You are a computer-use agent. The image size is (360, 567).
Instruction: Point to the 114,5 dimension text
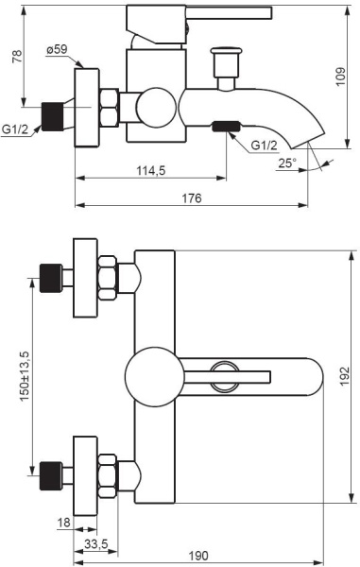pos(150,171)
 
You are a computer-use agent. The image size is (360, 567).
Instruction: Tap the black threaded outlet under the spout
pos(226,126)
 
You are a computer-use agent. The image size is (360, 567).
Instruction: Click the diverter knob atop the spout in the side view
pos(225,65)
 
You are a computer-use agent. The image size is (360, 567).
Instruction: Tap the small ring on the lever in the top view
pos(224,376)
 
